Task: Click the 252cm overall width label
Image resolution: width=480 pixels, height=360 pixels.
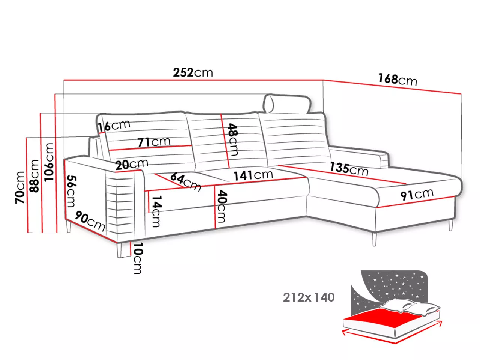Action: (193, 72)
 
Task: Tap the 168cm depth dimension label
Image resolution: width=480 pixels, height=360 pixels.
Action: (397, 79)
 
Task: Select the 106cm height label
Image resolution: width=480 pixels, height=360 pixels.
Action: (49, 162)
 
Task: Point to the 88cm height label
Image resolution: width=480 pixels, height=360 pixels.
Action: (34, 176)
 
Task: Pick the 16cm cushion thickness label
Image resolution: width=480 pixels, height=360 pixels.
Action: (114, 126)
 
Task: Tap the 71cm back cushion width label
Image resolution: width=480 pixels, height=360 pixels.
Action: (154, 142)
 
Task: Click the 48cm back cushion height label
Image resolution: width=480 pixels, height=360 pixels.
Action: (232, 139)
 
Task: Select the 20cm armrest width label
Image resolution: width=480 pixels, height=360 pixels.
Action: (132, 164)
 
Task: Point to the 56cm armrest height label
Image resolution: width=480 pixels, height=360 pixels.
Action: (71, 191)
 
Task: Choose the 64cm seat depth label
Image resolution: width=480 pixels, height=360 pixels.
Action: (186, 182)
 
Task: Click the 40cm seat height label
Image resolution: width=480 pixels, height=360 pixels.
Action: (222, 206)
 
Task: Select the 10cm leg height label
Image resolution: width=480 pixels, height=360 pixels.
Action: (138, 258)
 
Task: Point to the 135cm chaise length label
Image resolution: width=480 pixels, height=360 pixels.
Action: (349, 169)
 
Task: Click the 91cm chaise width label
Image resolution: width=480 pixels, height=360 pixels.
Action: (417, 194)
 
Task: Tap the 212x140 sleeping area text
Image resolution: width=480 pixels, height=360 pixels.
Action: (309, 297)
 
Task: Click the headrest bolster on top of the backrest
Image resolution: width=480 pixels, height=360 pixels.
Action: (287, 104)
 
